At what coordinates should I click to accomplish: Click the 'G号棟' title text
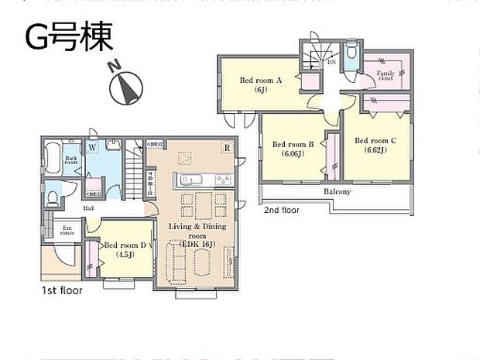tap(70, 36)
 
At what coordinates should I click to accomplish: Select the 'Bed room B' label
tap(293, 148)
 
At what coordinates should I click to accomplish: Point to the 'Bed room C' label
tap(375, 145)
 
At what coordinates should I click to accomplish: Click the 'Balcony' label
tap(337, 191)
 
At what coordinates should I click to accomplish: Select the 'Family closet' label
tap(386, 76)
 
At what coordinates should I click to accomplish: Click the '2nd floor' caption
tap(283, 210)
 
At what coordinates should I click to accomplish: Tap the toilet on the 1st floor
tap(52, 197)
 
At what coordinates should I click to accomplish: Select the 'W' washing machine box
tap(91, 146)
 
